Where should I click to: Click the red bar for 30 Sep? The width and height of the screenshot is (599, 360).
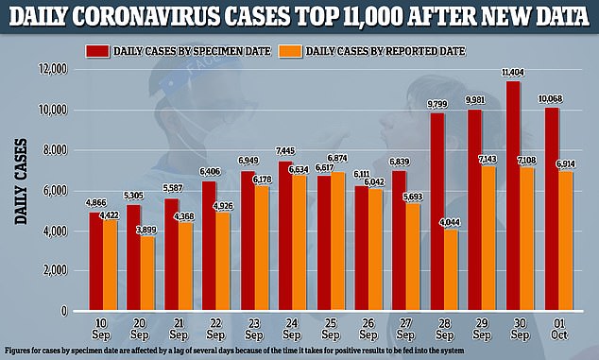coord(513,196)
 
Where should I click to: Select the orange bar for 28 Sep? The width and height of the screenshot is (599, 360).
coord(452,269)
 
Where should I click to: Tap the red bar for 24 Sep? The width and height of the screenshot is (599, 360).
coord(285,235)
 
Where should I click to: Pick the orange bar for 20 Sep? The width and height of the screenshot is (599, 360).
coord(147,273)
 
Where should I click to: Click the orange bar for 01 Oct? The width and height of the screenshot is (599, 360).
coord(565,240)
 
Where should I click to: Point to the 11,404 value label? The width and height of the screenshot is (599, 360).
coord(513,72)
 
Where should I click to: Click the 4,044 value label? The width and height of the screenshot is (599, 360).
coord(450,222)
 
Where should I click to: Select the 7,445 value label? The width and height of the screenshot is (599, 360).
coord(285,151)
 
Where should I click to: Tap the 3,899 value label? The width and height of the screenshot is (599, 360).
coord(145,230)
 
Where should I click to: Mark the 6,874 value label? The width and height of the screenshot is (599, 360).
coord(337,158)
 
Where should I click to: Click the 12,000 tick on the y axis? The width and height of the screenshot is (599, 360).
coord(52,69)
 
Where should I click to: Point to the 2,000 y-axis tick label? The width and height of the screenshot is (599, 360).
coord(55,270)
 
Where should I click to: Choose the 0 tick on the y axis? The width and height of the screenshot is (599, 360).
coord(64,311)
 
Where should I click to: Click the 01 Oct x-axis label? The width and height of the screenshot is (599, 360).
coord(559,329)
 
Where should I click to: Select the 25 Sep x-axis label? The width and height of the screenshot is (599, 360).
coord(331,329)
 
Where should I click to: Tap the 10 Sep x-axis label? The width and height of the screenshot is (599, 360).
coord(101,329)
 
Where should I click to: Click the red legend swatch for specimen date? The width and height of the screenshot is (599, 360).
coord(97,51)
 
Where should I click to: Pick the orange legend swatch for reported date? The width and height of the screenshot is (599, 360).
coord(290,51)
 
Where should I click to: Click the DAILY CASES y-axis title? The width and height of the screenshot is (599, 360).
coord(21,181)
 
